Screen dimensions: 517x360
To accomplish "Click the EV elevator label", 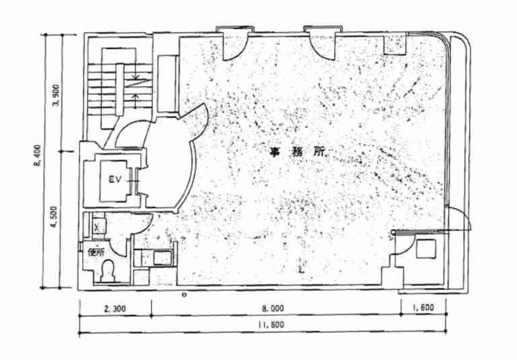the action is point(114,180).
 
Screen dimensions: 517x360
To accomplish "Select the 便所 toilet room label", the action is point(95,253).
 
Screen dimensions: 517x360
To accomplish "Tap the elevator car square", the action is point(114,178).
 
